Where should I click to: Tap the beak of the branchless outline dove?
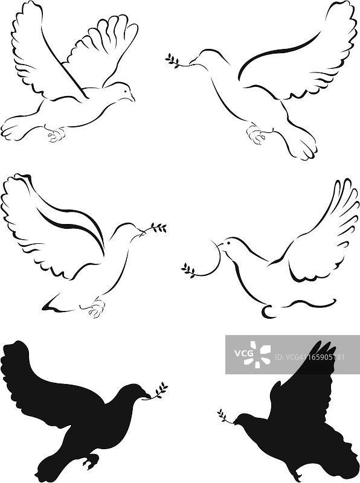click(x=132, y=98)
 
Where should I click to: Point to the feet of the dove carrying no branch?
click(x=56, y=135)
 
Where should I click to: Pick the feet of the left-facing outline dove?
click(x=256, y=135)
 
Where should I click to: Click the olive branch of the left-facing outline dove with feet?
click(x=173, y=60)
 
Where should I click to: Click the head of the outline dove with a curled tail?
click(x=228, y=245)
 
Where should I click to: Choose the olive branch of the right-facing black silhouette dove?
click(x=158, y=391)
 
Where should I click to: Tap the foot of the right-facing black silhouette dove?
click(x=91, y=461)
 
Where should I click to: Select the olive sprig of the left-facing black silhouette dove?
click(x=224, y=416)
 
